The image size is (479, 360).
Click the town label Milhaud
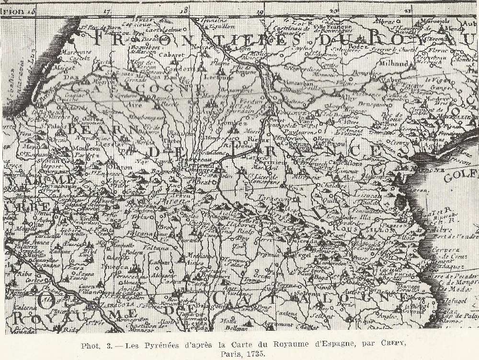point(394,63)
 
